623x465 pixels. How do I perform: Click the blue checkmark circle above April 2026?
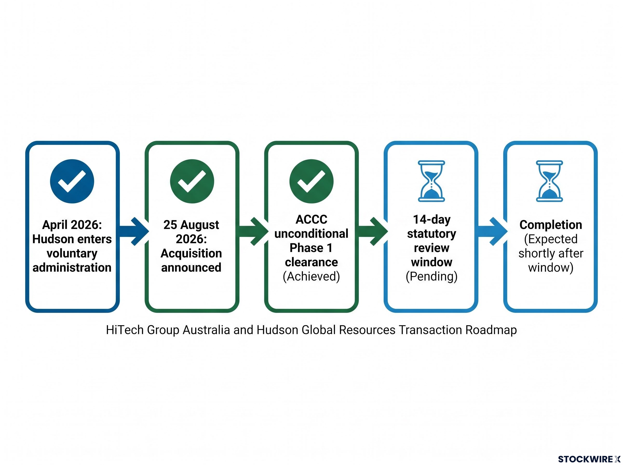pos(72,181)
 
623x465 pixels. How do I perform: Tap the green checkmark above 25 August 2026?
pos(192,181)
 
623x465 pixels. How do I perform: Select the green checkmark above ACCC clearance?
pos(311,181)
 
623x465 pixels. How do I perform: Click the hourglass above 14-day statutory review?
pos(431,181)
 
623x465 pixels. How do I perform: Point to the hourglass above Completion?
pos(549,181)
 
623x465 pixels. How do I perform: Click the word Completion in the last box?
pos(551,225)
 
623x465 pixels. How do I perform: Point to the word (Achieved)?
pos(311,276)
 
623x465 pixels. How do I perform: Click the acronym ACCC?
pos(311,219)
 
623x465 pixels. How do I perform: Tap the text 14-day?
pos(432,220)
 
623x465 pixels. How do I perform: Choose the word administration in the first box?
pos(72,268)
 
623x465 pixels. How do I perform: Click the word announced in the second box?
pos(191,268)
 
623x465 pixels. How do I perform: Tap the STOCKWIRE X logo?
pos(589,459)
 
